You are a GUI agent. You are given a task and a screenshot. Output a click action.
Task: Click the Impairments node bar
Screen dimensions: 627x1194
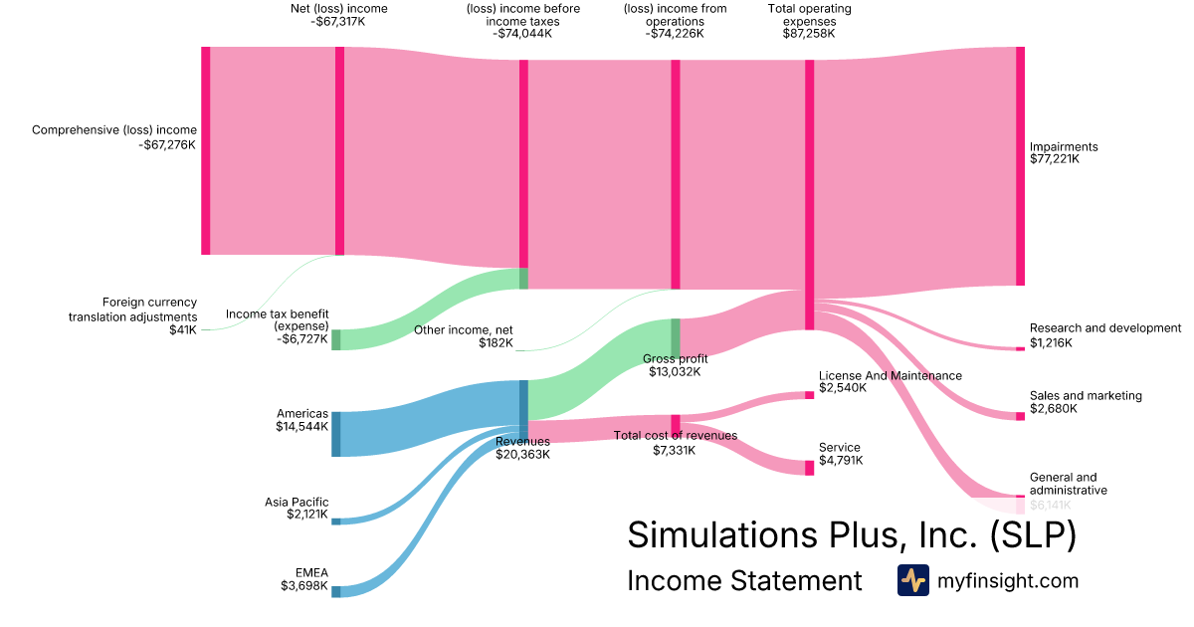click(1020, 166)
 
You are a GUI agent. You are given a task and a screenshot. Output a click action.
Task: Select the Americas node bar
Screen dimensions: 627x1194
click(336, 434)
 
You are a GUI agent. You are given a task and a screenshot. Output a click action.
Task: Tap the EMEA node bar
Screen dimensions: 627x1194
click(336, 592)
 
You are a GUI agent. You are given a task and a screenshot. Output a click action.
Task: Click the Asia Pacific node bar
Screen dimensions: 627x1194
click(336, 522)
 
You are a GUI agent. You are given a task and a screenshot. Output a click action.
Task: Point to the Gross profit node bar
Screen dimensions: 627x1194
click(675, 336)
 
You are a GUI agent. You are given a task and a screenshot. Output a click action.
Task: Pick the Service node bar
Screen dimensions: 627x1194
click(809, 468)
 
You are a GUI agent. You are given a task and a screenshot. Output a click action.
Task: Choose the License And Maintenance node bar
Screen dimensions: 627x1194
click(809, 395)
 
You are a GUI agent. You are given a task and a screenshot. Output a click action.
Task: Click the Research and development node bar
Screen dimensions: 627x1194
click(1020, 349)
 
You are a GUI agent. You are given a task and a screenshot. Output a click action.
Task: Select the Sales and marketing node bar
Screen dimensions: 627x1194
click(1020, 416)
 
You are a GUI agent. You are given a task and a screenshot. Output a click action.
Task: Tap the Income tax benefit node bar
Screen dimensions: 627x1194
click(336, 339)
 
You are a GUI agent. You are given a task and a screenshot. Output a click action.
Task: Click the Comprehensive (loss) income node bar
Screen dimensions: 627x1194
click(206, 150)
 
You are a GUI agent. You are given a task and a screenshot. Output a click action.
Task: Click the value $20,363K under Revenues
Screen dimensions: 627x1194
click(522, 455)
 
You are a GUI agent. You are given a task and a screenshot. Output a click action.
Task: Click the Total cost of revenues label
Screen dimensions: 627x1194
click(676, 436)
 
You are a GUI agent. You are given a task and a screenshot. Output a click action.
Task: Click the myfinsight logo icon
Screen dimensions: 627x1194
click(912, 580)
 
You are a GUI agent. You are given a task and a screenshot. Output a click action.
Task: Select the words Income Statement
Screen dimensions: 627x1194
click(744, 581)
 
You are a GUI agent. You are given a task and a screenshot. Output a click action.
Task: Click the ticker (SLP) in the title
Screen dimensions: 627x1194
click(1034, 535)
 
